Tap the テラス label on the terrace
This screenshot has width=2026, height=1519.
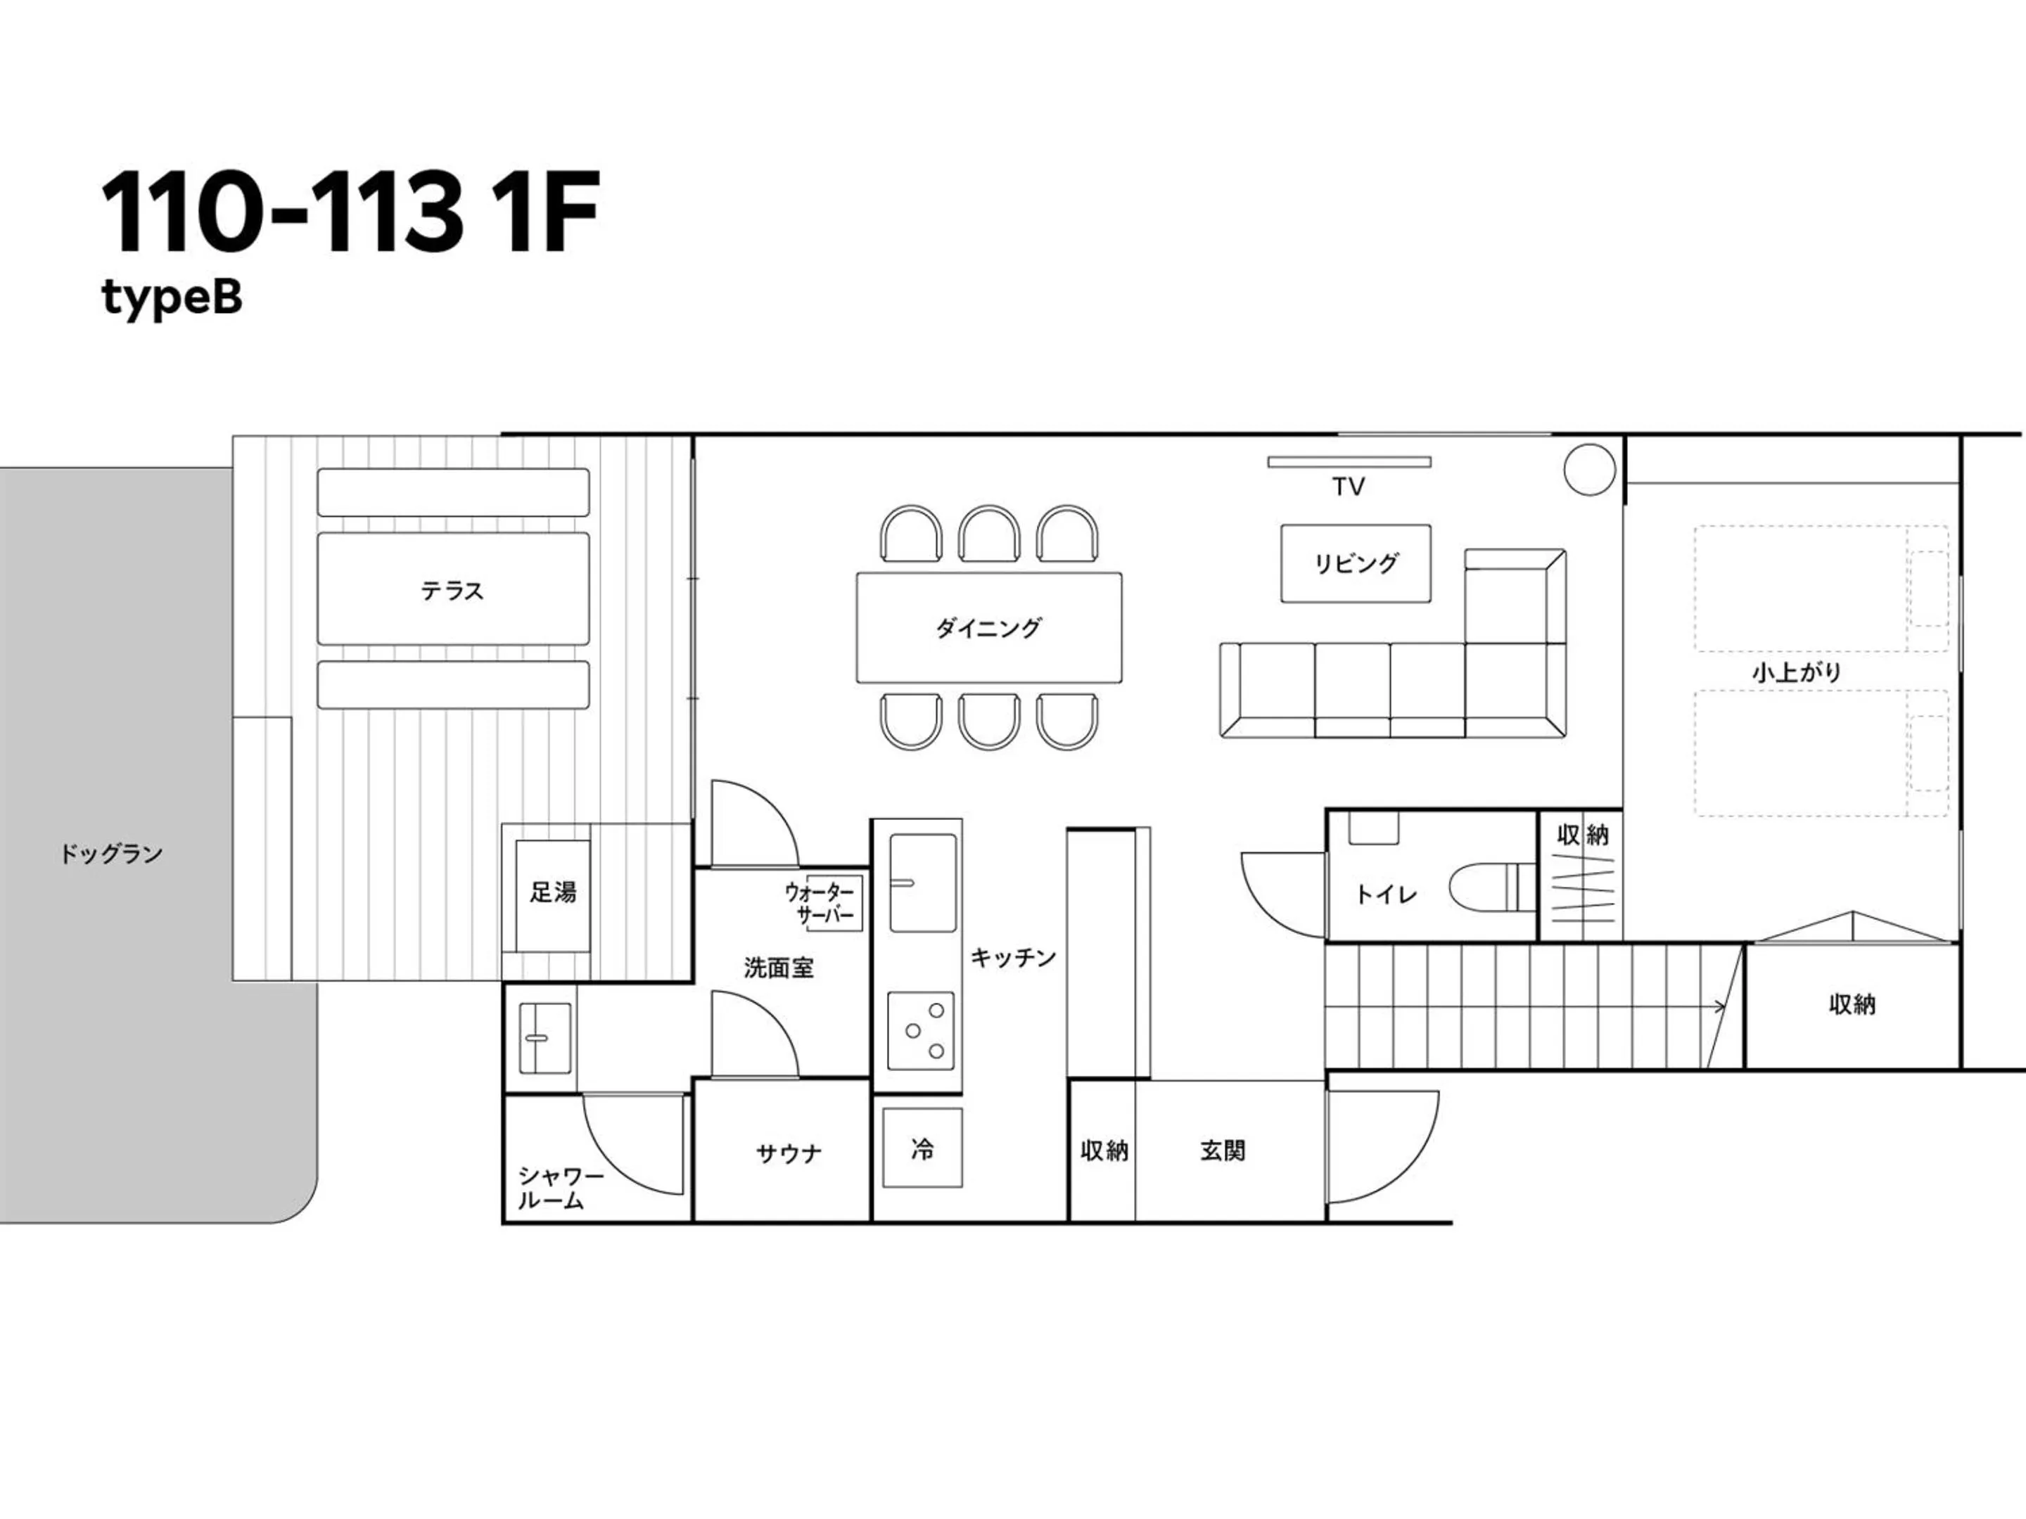coord(452,591)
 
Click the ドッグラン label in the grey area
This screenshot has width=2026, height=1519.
coord(111,854)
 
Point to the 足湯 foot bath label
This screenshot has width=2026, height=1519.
coord(552,892)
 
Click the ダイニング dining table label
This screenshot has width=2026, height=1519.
coord(988,628)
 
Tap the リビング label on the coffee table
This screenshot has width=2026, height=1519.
coord(1356,563)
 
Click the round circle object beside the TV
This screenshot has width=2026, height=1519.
coord(1589,469)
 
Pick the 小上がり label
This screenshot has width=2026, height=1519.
coord(1796,673)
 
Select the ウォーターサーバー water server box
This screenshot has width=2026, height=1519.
coord(834,903)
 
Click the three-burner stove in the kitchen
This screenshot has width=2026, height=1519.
coord(922,1030)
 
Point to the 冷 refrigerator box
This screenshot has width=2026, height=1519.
coord(922,1148)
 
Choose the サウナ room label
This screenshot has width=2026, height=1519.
coord(789,1154)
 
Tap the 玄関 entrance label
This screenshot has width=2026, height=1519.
coord(1222,1151)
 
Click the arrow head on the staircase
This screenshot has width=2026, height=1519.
coord(1720,1007)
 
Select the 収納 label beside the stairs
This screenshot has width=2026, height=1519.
coord(1852,1004)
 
